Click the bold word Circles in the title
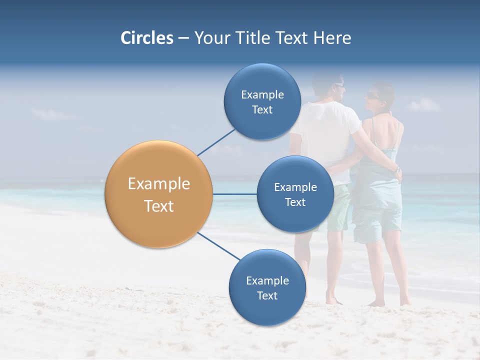pos(146,38)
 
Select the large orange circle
pos(158,194)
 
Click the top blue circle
pos(262,101)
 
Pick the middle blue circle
pos(295,194)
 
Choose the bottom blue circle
pos(267,287)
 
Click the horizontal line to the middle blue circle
pos(234,194)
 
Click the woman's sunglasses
pos(372,95)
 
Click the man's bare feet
pos(334,300)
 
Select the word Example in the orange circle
pos(158,184)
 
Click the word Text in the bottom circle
pos(267,295)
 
